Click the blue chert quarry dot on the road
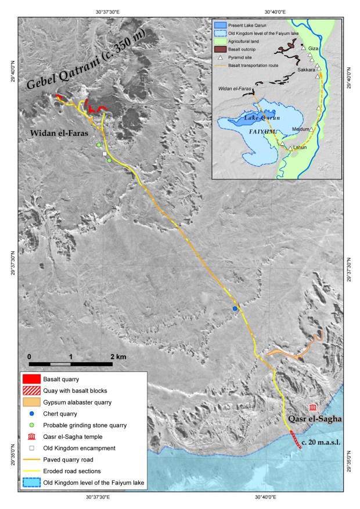[x=235, y=309]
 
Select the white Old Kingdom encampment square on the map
[x=105, y=154]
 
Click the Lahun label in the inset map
[x=300, y=147]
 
